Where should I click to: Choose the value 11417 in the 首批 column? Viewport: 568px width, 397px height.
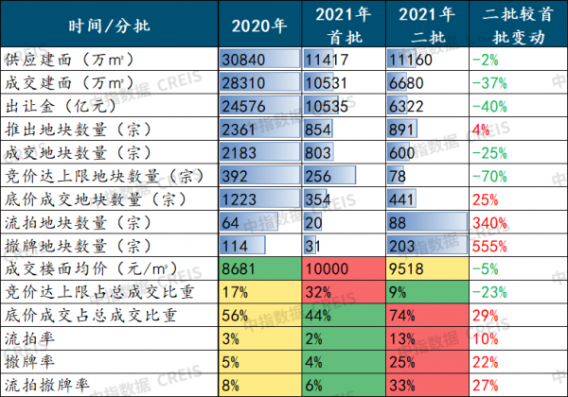tap(326, 59)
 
